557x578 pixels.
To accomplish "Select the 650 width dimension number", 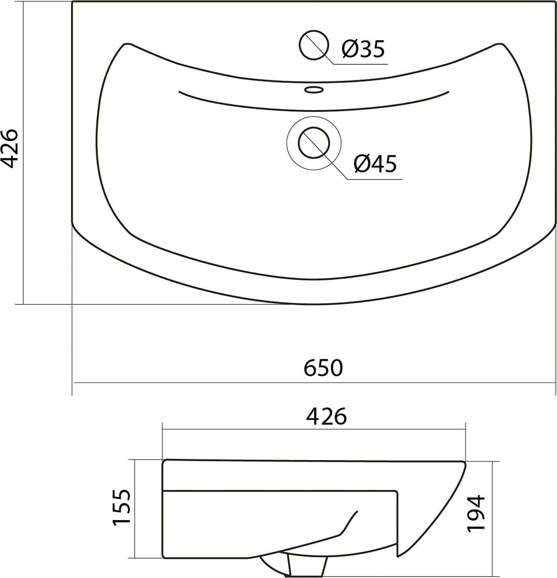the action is point(323,368).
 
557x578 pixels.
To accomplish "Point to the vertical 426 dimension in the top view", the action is point(9,148).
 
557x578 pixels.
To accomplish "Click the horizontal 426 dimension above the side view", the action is point(326,416).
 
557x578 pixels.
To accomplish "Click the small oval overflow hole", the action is point(314,89).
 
